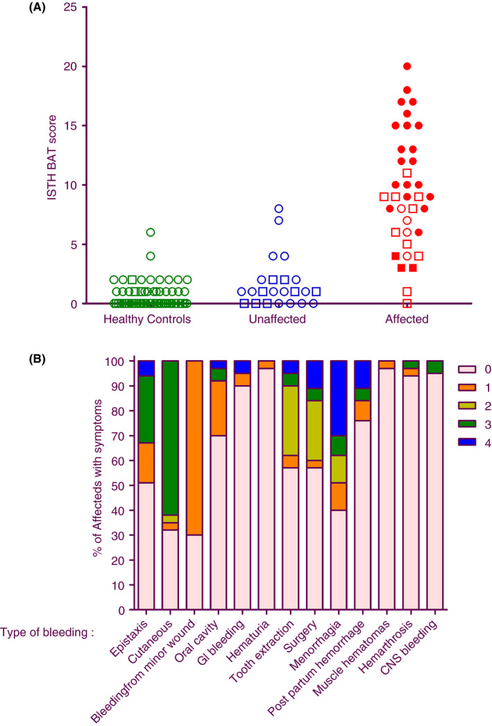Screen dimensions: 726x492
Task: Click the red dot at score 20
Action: [x=407, y=67]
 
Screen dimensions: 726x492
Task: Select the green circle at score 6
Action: [x=151, y=233]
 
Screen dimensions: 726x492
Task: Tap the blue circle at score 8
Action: [x=278, y=209]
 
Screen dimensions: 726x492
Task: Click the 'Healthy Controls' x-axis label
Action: [x=146, y=319]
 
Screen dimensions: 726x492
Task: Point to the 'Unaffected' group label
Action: [x=278, y=319]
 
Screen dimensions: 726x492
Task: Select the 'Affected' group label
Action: [x=407, y=319]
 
